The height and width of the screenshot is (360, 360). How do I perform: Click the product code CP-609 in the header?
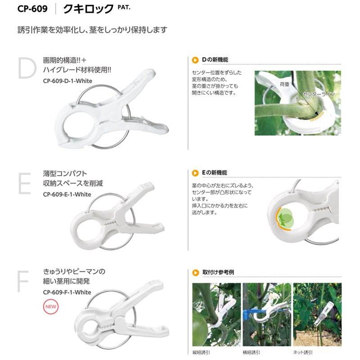click(33, 8)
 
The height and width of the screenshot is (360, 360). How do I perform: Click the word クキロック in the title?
click(88, 8)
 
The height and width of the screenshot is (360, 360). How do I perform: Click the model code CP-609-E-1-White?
click(67, 194)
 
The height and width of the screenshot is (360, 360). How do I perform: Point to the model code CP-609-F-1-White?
click(67, 292)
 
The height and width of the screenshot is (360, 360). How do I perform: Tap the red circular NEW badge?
click(50, 308)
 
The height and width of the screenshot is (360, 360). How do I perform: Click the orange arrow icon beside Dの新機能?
click(195, 59)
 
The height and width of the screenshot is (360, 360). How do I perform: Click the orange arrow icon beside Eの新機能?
click(195, 173)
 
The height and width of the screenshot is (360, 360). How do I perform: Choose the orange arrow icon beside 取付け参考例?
click(195, 272)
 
